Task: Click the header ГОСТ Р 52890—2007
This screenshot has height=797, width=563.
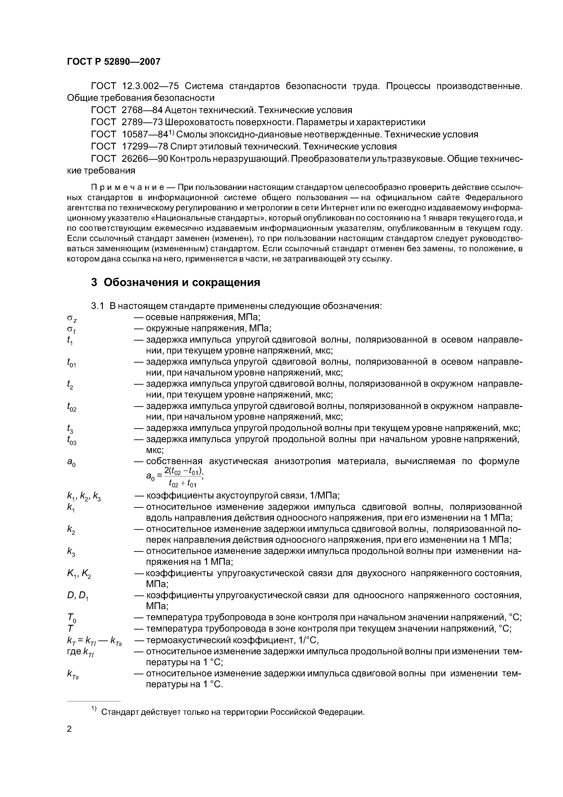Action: click(x=114, y=62)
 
